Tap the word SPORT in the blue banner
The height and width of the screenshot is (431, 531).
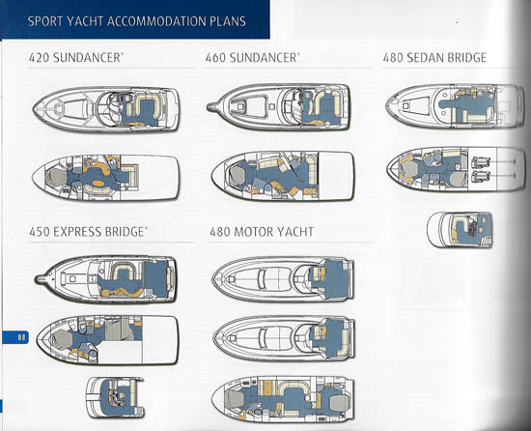pyautogui.click(x=36, y=21)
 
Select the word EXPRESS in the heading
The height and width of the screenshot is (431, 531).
pyautogui.click(x=84, y=232)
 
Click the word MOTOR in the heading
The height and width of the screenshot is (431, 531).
pyautogui.click(x=264, y=232)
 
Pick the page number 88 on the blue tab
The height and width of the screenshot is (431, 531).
pyautogui.click(x=20, y=336)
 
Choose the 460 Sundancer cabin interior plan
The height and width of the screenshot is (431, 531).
pyautogui.click(x=282, y=174)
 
